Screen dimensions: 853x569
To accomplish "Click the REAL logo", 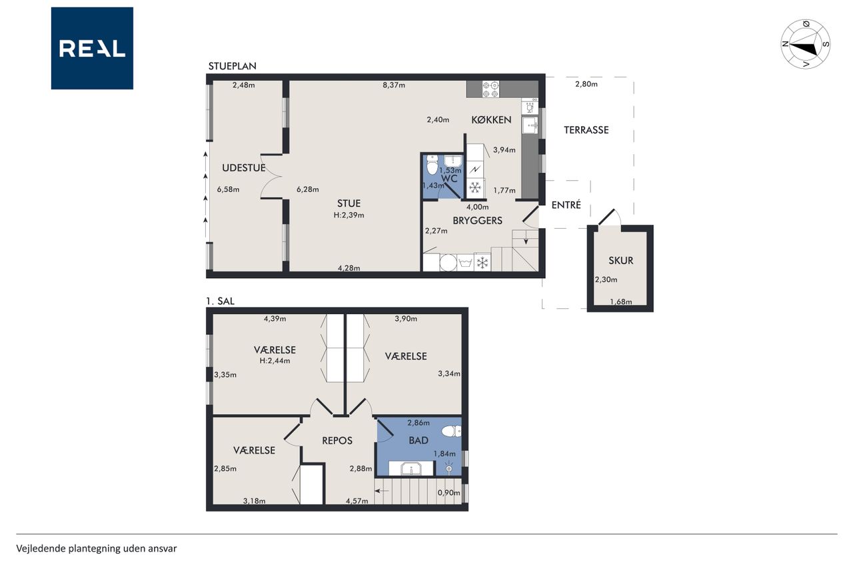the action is pyautogui.click(x=92, y=49).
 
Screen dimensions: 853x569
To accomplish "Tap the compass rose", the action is pyautogui.click(x=806, y=44).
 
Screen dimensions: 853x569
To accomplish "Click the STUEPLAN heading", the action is pyautogui.click(x=233, y=66).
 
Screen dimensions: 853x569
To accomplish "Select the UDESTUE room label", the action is pyautogui.click(x=244, y=167).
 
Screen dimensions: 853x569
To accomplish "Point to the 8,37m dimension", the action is pyautogui.click(x=394, y=85).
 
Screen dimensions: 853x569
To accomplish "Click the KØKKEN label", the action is pyautogui.click(x=491, y=119).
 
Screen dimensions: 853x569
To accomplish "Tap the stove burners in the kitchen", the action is pyautogui.click(x=491, y=89).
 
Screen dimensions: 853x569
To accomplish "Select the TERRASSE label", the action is pyautogui.click(x=586, y=130).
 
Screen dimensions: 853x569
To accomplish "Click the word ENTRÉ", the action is pyautogui.click(x=566, y=205).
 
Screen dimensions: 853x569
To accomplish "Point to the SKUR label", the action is pyautogui.click(x=620, y=261).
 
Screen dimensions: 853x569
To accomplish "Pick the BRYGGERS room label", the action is pyautogui.click(x=477, y=220).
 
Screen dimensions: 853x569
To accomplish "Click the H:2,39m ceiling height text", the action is pyautogui.click(x=349, y=215).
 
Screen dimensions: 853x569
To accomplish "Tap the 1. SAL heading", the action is pyautogui.click(x=220, y=301).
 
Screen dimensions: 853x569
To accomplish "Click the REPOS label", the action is pyautogui.click(x=337, y=440).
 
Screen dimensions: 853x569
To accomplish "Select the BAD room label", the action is pyautogui.click(x=419, y=440).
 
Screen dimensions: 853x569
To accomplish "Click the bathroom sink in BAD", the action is pyautogui.click(x=411, y=468).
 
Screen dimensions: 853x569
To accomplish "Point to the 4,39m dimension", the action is pyautogui.click(x=275, y=319).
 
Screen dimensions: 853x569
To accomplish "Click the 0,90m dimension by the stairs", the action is pyautogui.click(x=448, y=493).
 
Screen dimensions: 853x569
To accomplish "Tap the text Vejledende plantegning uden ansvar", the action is pyautogui.click(x=97, y=548).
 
